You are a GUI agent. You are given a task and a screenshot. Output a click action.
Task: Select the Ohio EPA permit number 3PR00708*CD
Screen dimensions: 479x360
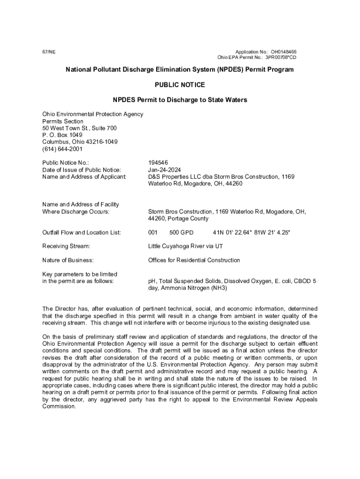[x=281, y=58]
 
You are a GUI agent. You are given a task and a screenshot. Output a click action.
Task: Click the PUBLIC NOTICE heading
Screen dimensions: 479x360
[x=180, y=85]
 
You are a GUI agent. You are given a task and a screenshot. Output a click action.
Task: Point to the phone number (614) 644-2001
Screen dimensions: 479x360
[x=62, y=149]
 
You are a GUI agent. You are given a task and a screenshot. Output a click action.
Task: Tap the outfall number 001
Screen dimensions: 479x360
[x=153, y=232]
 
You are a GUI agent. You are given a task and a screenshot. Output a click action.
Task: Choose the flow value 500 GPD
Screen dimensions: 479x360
[x=181, y=232]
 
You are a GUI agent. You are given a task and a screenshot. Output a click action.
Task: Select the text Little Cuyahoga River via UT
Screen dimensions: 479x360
[x=188, y=246]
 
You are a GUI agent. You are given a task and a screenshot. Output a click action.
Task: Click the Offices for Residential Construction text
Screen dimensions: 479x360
[x=194, y=260]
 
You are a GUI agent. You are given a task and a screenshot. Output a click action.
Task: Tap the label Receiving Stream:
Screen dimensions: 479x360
[x=66, y=246]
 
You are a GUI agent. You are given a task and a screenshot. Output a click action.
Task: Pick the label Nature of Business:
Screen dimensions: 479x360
[x=68, y=260]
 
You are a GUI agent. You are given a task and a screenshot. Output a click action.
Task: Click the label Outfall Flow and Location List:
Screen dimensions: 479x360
[x=82, y=232]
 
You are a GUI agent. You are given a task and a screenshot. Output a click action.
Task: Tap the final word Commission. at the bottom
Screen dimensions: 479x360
[x=59, y=406]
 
